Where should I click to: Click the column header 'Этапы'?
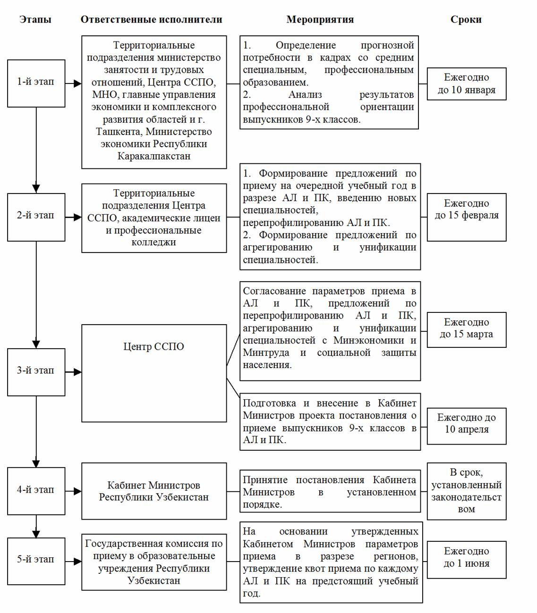pyautogui.click(x=35, y=19)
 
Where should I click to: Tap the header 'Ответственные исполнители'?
pyautogui.click(x=151, y=19)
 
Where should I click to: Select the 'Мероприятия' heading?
pyautogui.click(x=320, y=19)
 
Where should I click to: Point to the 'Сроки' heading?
pyautogui.click(x=466, y=19)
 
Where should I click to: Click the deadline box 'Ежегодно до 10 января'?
pyautogui.click(x=466, y=84)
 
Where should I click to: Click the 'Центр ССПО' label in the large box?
pyautogui.click(x=153, y=346)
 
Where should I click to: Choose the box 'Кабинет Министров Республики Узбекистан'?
pyautogui.click(x=153, y=491)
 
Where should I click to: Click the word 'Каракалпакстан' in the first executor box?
pyautogui.click(x=153, y=156)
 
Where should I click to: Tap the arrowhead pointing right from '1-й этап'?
pyautogui.click(x=77, y=84)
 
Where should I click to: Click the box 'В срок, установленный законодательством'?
pyautogui.click(x=466, y=491)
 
